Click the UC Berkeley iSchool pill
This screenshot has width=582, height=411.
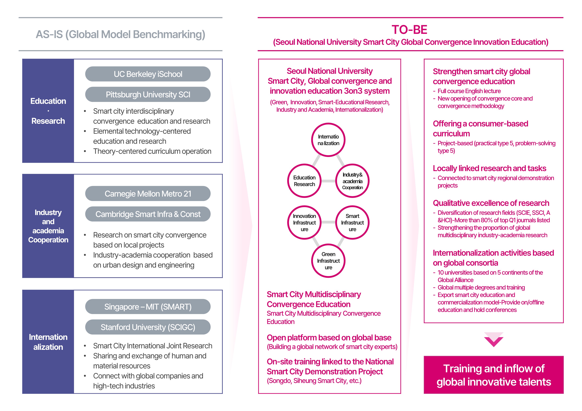coord(148,74)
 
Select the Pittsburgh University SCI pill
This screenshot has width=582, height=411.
coord(148,94)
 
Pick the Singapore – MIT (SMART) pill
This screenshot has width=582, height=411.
coord(148,307)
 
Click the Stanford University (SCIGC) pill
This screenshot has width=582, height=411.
coord(148,327)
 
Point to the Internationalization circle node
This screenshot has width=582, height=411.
coord(328,140)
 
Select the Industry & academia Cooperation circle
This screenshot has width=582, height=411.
coord(352,181)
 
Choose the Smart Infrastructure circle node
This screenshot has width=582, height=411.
coord(352,222)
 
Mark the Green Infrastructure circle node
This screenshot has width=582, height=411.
coord(328,261)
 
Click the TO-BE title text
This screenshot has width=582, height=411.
coord(409,30)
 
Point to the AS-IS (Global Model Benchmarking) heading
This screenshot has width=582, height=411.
coord(120,34)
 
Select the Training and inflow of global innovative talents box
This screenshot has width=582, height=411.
coord(494,375)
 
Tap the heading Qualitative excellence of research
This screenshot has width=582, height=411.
coord(491,203)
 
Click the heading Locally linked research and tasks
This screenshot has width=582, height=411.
coord(489,168)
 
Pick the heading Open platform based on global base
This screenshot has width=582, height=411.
coord(329,338)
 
